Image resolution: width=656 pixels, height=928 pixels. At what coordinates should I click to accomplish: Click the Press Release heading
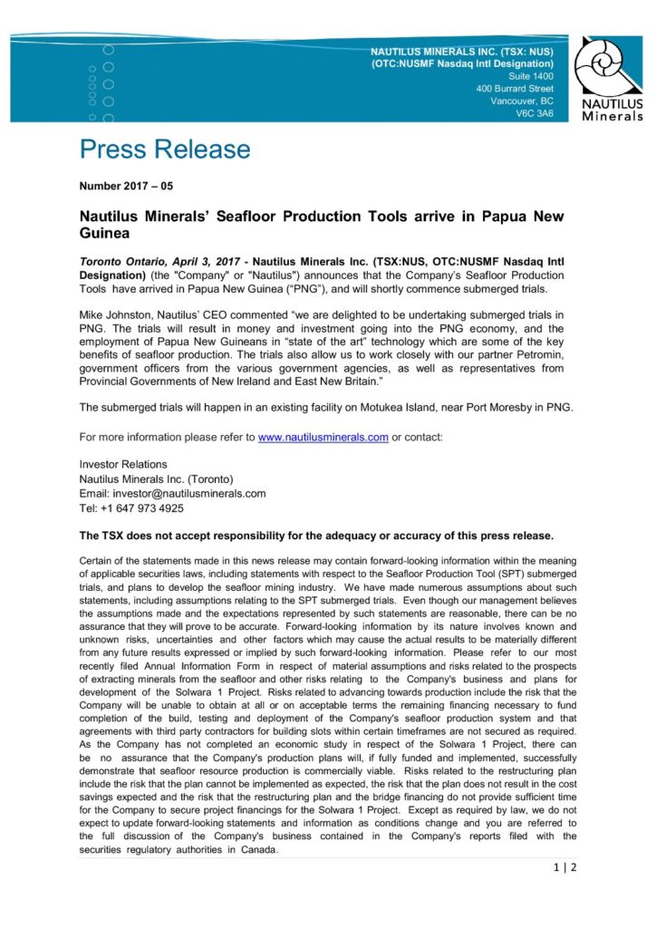tap(165, 150)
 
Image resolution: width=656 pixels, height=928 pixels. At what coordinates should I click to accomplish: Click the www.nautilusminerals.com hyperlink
tap(323, 437)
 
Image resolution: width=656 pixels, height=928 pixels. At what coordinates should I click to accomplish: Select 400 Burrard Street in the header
tap(515, 89)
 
